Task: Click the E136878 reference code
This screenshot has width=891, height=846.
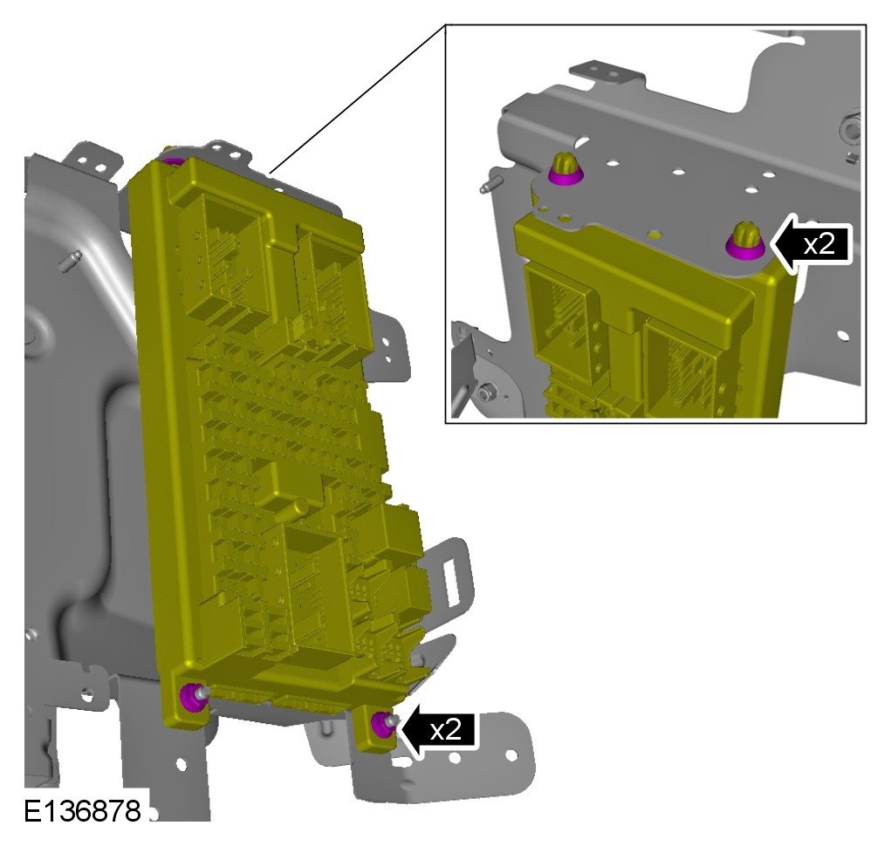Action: pos(82,811)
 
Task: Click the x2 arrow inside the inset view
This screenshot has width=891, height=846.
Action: pos(812,244)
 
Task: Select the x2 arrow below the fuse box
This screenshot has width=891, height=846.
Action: pos(436,730)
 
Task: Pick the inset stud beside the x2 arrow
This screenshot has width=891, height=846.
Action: pos(745,241)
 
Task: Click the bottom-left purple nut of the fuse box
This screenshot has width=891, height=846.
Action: pos(191,697)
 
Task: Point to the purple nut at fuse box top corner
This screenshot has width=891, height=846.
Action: pos(172,161)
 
